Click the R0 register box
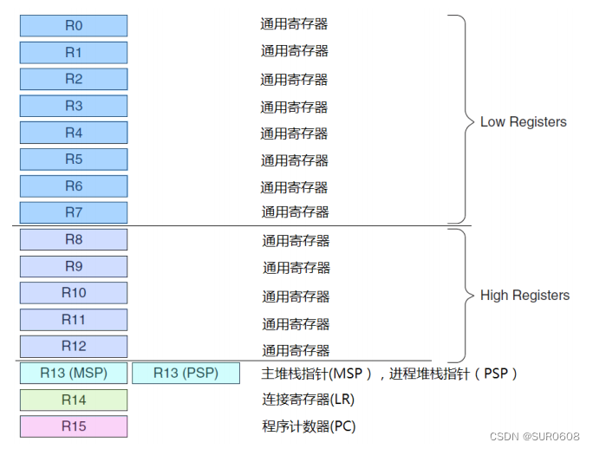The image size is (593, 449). pos(74,26)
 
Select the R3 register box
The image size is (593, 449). pos(74,107)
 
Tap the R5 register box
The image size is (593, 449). pos(74,159)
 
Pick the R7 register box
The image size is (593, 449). pos(74,212)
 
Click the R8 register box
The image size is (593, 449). pos(74,239)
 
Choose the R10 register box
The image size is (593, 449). pos(74,293)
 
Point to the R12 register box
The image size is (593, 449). pos(74,347)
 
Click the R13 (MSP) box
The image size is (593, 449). pos(74,374)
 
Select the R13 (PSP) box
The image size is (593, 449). pos(186,374)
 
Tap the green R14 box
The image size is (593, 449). pos(74,400)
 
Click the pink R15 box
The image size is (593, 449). pos(74,426)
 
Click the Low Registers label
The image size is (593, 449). pos(523,122)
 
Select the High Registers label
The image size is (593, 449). pos(525,296)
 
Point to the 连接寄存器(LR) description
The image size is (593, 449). pos(308,400)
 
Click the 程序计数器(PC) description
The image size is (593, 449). pos(308,426)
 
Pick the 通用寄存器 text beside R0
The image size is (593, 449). pos(295,24)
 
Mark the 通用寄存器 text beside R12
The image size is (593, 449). pos(296,350)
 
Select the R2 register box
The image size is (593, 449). pos(74,80)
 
